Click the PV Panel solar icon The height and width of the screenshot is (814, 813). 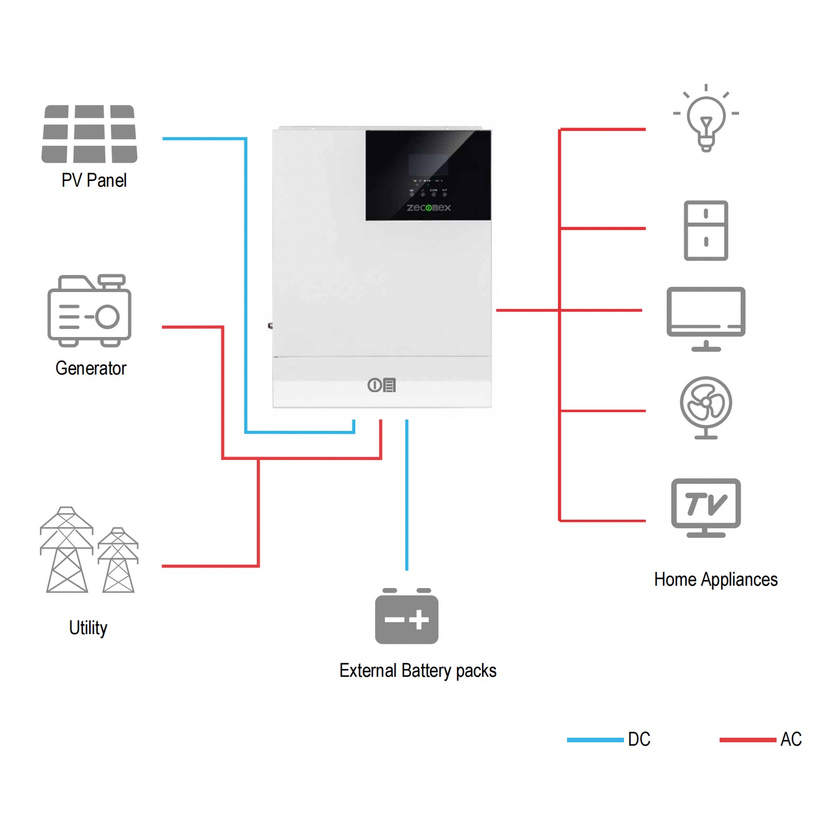click(89, 134)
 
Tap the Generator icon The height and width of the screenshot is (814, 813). click(89, 311)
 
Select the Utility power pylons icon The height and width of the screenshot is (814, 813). click(89, 550)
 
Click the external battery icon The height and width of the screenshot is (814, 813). click(406, 617)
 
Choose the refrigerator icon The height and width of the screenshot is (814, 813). click(706, 231)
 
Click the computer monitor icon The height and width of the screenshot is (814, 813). click(706, 318)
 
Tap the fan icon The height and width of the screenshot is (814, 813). click(706, 406)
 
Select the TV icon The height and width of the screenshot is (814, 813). click(706, 507)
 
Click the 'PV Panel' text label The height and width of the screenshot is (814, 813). click(94, 180)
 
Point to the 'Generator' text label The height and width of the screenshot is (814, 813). click(91, 368)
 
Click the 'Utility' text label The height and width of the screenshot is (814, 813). click(88, 628)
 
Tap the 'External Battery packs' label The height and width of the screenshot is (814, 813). click(418, 671)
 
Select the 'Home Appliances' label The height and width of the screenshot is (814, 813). click(716, 579)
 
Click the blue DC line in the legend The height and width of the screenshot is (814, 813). click(595, 739)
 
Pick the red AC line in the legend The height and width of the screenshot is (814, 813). click(748, 739)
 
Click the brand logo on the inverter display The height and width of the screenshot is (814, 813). click(429, 208)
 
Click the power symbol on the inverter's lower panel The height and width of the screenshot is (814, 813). click(374, 385)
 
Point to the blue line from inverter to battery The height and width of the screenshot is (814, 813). click(406, 495)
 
